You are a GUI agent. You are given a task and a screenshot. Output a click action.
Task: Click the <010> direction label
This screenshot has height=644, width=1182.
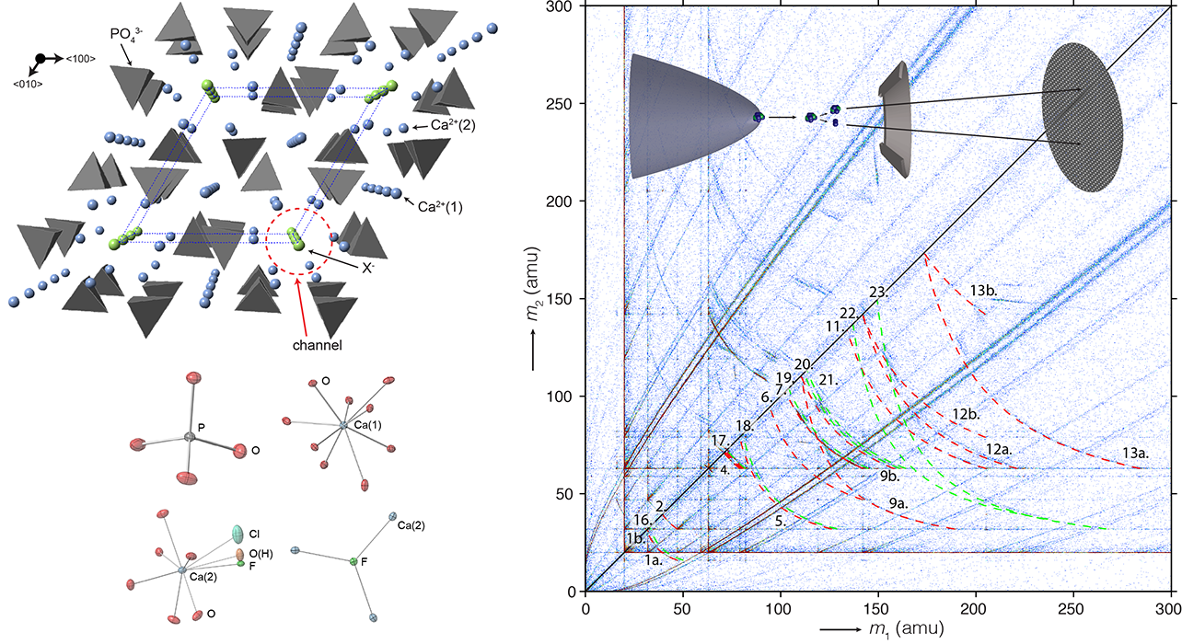31,84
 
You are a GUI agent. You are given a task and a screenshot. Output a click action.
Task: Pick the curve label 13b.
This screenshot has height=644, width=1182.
983,291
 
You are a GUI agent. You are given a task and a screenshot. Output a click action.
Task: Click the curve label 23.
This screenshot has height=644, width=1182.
878,293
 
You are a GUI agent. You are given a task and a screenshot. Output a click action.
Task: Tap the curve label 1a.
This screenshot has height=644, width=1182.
653,559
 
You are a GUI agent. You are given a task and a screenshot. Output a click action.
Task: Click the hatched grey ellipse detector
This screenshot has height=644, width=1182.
1082,119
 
